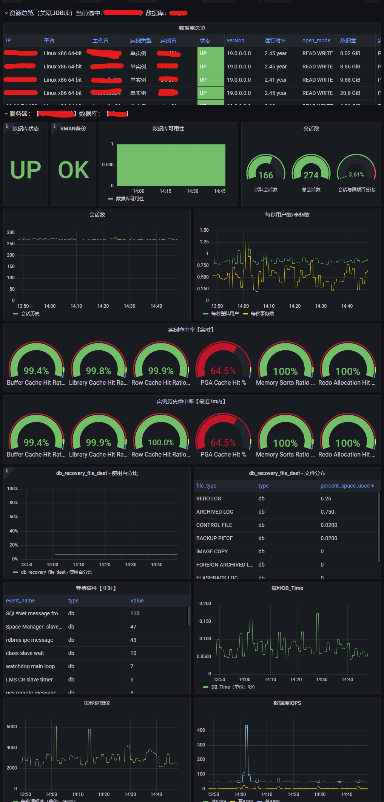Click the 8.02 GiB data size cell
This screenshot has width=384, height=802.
coord(350,53)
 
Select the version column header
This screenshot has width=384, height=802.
coord(235,40)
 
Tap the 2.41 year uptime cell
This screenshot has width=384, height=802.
coord(275,80)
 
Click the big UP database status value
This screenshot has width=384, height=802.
coord(26,170)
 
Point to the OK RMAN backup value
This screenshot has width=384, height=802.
coord(74,170)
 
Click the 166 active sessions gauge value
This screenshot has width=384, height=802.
coord(266,175)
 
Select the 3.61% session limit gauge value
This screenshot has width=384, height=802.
coord(356,175)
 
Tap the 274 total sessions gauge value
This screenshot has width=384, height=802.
coord(311,175)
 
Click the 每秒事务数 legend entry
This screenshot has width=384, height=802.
coord(262,314)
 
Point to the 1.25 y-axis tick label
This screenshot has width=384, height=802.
coord(204,242)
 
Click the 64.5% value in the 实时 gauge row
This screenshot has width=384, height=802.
coord(223,371)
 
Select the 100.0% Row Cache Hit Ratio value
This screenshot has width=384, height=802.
coord(161,443)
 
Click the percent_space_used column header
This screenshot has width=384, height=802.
coord(345,486)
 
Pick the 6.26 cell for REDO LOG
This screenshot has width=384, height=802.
coord(326,499)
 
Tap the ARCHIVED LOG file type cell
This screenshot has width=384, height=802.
coord(215,512)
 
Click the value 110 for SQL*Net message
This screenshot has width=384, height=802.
coord(135,613)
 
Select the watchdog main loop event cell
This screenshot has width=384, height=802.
coord(30,666)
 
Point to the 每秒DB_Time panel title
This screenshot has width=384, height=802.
coord(287,588)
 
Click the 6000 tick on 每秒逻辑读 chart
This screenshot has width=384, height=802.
coord(12,727)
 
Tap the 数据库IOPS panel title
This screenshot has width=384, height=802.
coord(287,703)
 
